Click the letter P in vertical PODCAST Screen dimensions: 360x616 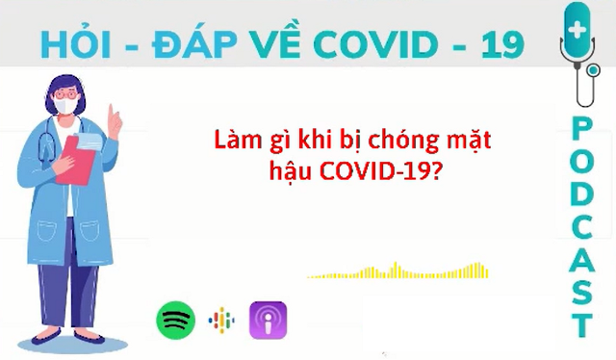point(580,128)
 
